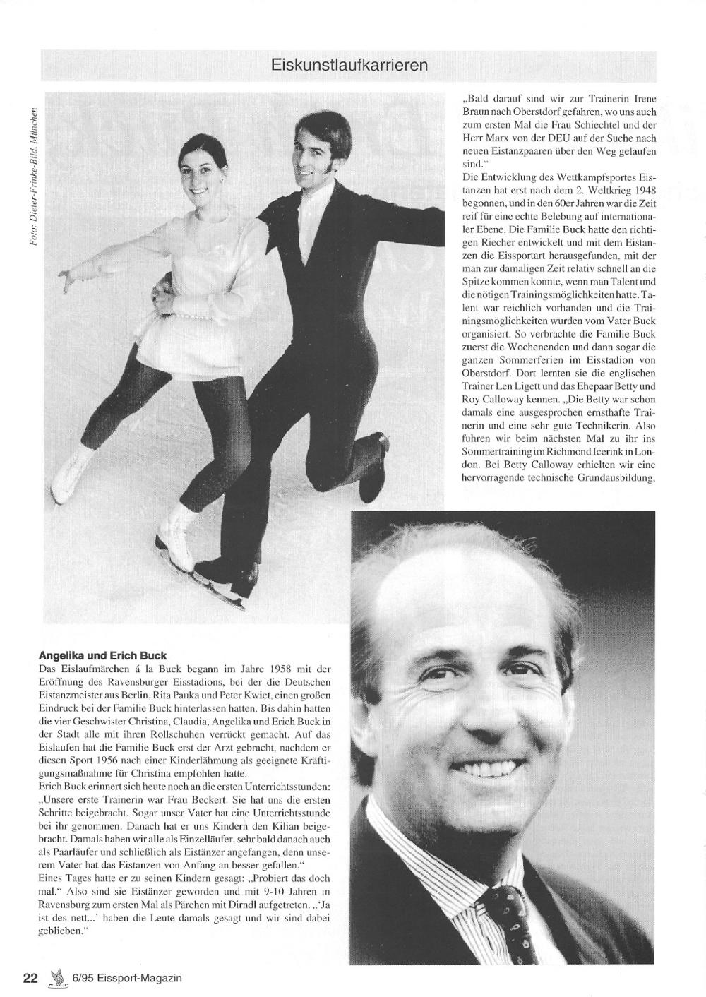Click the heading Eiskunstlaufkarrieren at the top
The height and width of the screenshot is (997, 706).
pyautogui.click(x=349, y=66)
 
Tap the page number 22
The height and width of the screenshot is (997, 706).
pyautogui.click(x=30, y=978)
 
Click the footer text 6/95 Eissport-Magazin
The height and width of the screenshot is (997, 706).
pyautogui.click(x=127, y=978)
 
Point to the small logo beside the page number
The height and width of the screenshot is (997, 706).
pyautogui.click(x=56, y=977)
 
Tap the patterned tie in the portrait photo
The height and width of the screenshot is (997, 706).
pyautogui.click(x=518, y=918)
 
